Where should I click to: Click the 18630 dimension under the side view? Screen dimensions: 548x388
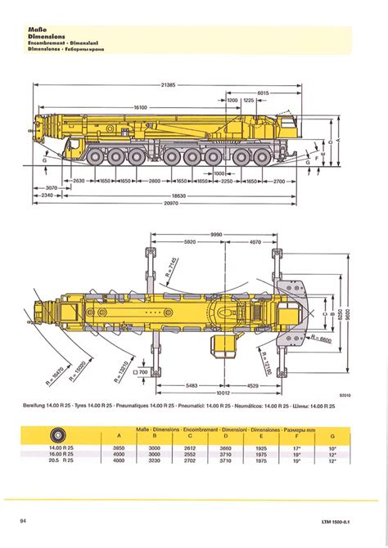pos(178,195)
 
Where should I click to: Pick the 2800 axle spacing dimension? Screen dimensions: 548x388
pos(155,180)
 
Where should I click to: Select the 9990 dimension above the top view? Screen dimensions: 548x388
pos(215,234)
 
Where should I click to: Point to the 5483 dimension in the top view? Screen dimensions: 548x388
pos(192,384)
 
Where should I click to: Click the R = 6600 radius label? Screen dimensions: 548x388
pos(323,337)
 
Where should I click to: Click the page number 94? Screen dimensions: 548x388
pos(24,520)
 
